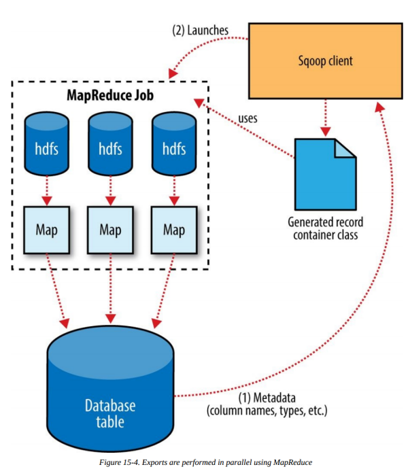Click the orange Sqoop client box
click(x=326, y=60)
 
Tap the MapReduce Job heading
click(x=110, y=95)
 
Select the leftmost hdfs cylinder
click(x=47, y=143)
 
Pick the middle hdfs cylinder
click(x=110, y=143)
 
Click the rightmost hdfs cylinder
click(x=174, y=143)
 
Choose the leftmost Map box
click(x=47, y=230)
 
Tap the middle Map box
click(x=110, y=230)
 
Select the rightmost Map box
click(x=174, y=230)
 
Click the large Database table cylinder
click(x=110, y=389)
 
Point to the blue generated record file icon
click(x=325, y=175)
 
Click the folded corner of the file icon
click(x=344, y=149)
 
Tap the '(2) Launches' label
click(x=200, y=30)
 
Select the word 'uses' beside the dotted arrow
click(x=248, y=118)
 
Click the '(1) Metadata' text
click(x=267, y=398)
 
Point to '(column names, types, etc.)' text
click(x=267, y=411)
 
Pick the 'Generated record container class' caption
click(x=326, y=228)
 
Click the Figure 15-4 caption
click(x=205, y=462)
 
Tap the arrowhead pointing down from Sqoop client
click(x=326, y=132)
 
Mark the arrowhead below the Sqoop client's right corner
click(x=379, y=107)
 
